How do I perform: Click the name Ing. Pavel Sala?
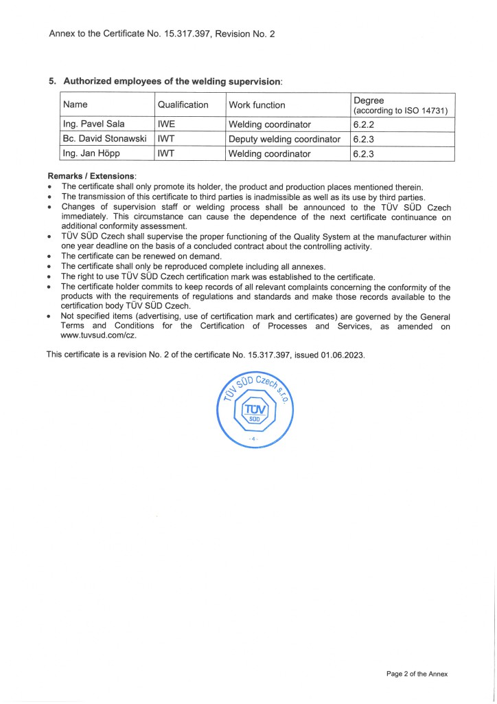coord(93,124)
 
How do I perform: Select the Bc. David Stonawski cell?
coord(104,139)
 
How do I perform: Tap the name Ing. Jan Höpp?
coord(91,153)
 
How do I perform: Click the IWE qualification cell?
coord(166,124)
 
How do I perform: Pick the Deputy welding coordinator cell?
coord(284,139)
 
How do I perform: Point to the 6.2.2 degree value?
coord(362,124)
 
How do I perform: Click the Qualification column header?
coord(183,104)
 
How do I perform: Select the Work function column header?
coord(257,104)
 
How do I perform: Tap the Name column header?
coord(75,104)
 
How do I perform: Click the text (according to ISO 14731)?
coord(400,111)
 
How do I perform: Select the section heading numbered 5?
coord(165,81)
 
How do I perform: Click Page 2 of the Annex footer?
coord(417,674)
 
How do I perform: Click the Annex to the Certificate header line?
coord(162,32)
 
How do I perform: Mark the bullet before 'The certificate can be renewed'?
coord(51,256)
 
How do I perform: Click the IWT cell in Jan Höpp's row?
coord(166,153)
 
